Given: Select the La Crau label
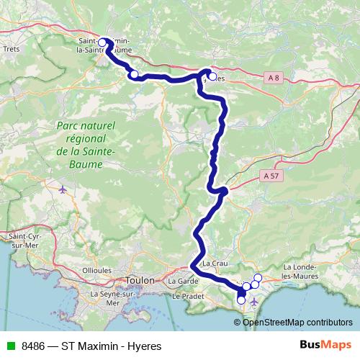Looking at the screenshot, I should [215, 264].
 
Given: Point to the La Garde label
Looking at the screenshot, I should [183, 281].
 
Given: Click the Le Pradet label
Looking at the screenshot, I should [185, 296].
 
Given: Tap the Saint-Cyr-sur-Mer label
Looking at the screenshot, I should [22, 240].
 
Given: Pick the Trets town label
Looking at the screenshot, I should [12, 50].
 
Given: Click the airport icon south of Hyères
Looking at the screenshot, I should [253, 320].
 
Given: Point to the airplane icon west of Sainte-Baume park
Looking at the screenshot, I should [63, 190].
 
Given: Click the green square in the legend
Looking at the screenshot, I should [9, 346].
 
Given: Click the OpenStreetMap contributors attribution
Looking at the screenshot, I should [297, 323].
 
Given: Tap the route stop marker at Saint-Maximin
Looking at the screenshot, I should [102, 43].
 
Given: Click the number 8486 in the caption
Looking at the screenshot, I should [33, 346].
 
